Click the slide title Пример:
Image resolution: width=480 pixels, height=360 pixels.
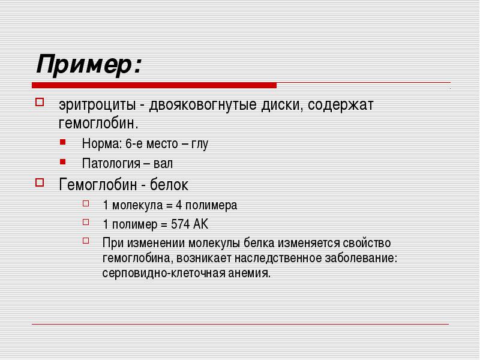point(89,64)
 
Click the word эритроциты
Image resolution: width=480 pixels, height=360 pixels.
point(97,105)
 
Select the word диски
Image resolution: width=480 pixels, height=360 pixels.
point(281,105)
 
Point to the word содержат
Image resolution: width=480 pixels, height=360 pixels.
point(340,105)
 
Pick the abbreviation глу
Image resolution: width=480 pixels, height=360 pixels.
point(200,144)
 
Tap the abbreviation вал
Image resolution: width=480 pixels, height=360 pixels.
point(163,163)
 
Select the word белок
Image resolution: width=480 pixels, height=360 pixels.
point(169,185)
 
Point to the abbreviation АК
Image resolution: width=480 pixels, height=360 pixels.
point(200,224)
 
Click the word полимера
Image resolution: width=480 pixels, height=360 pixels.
point(211,205)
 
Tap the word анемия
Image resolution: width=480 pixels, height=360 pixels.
point(249,273)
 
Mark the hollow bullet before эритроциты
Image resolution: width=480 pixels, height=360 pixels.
point(40,101)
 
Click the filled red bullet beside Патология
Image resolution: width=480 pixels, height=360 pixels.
point(63,161)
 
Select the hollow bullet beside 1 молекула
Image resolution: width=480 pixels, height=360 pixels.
point(86,203)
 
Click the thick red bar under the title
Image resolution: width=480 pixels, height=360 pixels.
point(154,85)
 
